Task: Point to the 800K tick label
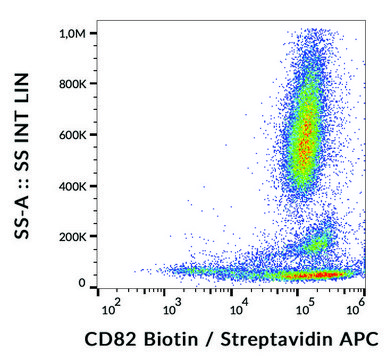pos(73,85)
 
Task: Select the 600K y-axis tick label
pos(73,135)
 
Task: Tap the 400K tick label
pos(73,185)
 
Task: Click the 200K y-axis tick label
pos(73,235)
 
